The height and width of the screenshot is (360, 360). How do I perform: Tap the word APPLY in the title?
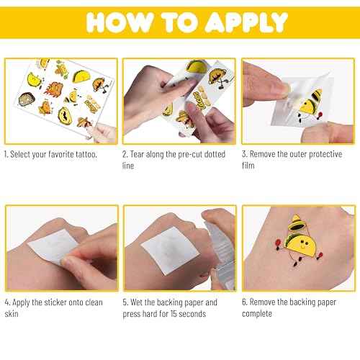point(235,22)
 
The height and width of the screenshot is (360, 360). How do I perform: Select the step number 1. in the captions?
point(8,155)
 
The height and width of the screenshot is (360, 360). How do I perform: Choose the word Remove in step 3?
point(265,155)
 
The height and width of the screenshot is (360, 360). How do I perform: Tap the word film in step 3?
point(251,166)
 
